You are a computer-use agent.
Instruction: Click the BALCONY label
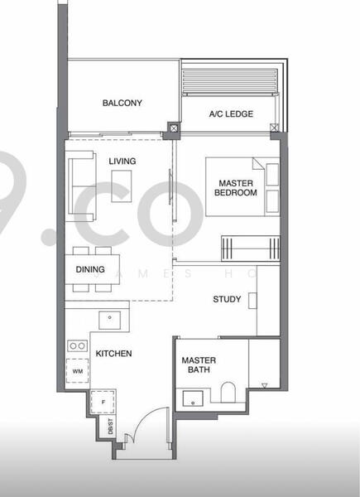(x=122, y=104)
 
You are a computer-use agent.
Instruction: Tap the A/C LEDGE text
(x=231, y=114)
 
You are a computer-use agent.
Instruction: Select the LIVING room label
(x=122, y=161)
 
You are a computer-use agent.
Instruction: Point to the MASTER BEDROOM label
(x=236, y=187)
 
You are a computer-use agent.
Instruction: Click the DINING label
(x=89, y=269)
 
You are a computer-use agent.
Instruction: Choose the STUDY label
(x=227, y=299)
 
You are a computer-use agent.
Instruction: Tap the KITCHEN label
(x=113, y=354)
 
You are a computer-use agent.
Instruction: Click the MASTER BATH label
(x=199, y=365)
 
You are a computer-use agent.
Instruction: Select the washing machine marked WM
(x=77, y=371)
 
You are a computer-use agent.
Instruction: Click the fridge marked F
(x=102, y=401)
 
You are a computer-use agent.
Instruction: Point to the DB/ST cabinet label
(x=110, y=428)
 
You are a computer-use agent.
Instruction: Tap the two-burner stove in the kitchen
(x=77, y=345)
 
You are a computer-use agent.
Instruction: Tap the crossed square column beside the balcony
(x=173, y=128)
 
